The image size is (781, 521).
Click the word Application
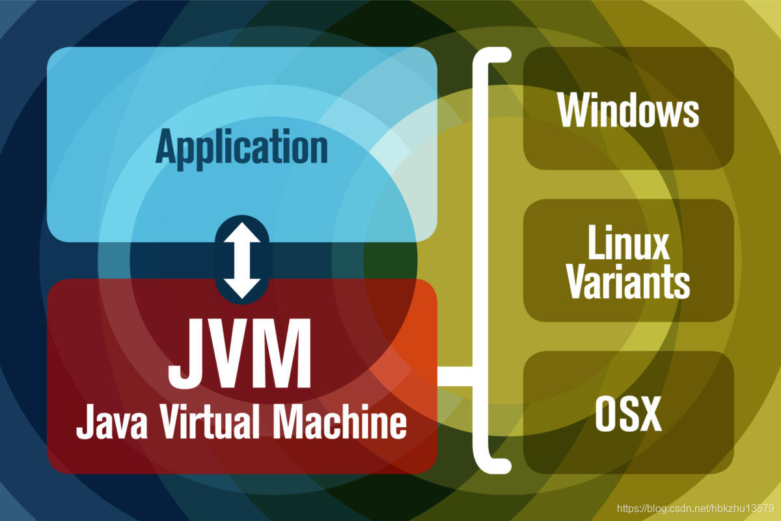point(241,148)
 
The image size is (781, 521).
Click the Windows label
point(628,110)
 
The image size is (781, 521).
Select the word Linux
point(628,246)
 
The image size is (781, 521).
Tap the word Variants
point(628,283)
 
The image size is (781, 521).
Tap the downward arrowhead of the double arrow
point(241,288)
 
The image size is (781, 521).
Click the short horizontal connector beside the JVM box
point(456,376)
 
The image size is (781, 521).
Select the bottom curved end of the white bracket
point(496,466)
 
